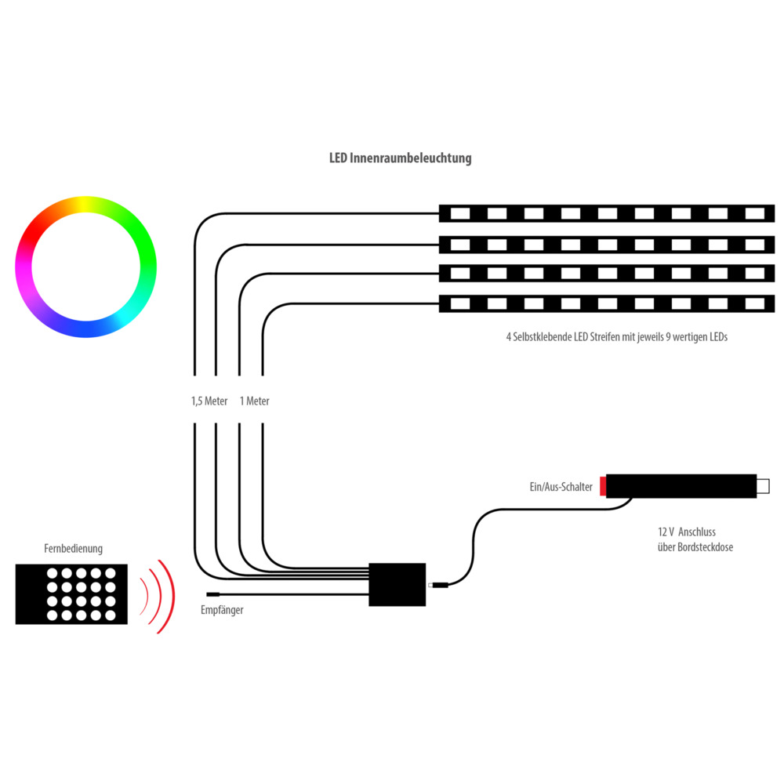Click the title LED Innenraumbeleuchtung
coord(400,158)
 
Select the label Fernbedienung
coord(73,549)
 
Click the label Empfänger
coord(223,609)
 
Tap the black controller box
coord(397,584)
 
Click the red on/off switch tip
coord(602,486)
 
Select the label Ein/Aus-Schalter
coord(561,487)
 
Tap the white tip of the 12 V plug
coord(763,486)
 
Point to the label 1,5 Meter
coord(209,401)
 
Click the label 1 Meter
coord(255,401)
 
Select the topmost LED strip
coord(606,213)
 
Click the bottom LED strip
coord(606,303)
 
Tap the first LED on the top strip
coord(460,213)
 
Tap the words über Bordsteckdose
coord(695,547)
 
